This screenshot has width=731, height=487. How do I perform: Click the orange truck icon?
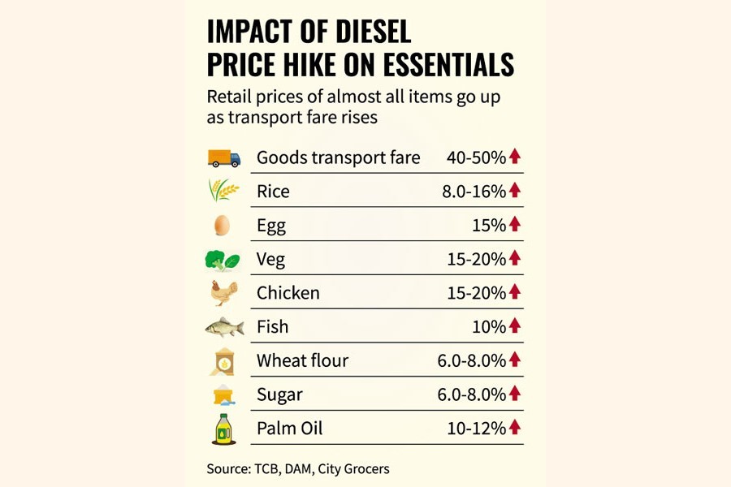pyautogui.click(x=223, y=157)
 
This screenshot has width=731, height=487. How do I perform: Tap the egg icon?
pyautogui.click(x=222, y=225)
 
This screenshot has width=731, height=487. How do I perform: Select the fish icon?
pyautogui.click(x=223, y=327)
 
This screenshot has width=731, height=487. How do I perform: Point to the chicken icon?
pyautogui.click(x=223, y=292)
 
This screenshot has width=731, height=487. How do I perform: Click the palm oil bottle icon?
pyautogui.click(x=223, y=428)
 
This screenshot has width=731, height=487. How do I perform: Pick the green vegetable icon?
pyautogui.click(x=223, y=260)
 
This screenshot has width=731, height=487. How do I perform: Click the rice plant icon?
pyautogui.click(x=223, y=191)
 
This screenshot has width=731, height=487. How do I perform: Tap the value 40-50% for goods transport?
pyautogui.click(x=476, y=157)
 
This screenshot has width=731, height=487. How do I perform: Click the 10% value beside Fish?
pyautogui.click(x=487, y=327)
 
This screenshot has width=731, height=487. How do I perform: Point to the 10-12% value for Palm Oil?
pyautogui.click(x=476, y=428)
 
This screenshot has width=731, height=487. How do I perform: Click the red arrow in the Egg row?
pyautogui.click(x=514, y=225)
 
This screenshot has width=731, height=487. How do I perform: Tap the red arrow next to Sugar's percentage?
pyautogui.click(x=514, y=394)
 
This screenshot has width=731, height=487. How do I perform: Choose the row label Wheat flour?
pyautogui.click(x=302, y=360)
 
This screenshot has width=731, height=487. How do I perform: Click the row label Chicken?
pyautogui.click(x=288, y=293)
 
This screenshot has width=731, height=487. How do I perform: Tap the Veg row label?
pyautogui.click(x=271, y=260)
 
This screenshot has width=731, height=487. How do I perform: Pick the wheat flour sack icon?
pyautogui.click(x=223, y=360)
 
